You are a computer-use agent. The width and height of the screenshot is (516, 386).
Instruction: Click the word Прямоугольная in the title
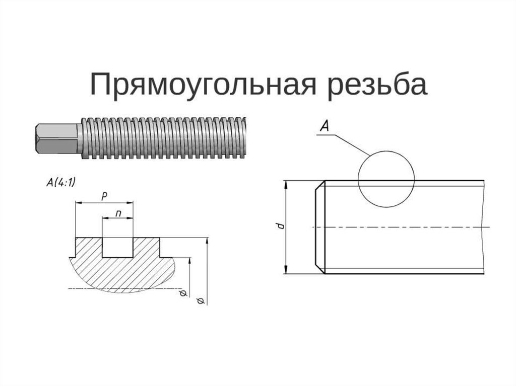(204, 85)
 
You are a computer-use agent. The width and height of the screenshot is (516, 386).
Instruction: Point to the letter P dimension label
(103, 196)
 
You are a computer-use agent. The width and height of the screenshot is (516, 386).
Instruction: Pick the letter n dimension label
(118, 213)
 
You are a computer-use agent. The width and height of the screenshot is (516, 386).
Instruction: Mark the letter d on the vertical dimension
(281, 226)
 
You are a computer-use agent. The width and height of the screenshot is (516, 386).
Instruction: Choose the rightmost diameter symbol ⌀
(200, 301)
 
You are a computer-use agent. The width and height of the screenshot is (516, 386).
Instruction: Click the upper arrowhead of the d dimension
(286, 184)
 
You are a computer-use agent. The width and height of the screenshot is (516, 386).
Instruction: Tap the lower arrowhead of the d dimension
(286, 270)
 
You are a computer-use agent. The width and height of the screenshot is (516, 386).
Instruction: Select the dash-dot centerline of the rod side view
(403, 227)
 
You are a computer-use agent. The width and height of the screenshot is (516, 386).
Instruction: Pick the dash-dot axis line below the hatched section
(126, 288)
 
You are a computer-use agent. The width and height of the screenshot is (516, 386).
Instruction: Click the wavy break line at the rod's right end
(485, 226)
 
